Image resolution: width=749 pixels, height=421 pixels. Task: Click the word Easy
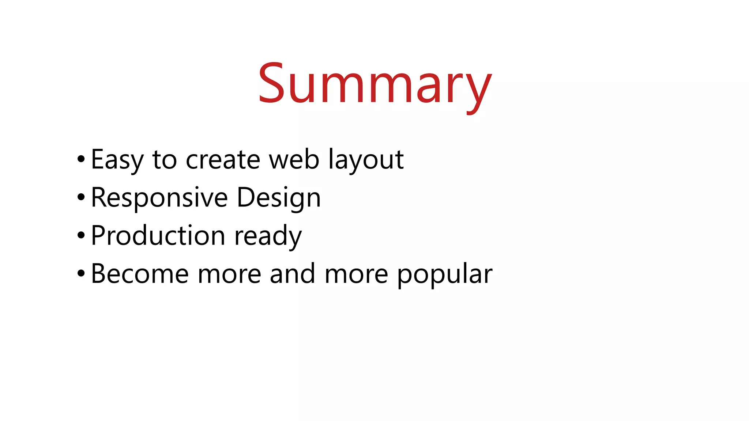coord(117,160)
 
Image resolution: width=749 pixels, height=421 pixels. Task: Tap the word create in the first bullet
coord(223,160)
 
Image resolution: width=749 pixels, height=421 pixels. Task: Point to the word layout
coord(366,160)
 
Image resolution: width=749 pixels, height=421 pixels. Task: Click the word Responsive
coord(159,198)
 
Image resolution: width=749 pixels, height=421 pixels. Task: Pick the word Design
coord(279,198)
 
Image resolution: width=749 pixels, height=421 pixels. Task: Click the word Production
coord(158,236)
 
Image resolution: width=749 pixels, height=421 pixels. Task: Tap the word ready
coord(268,236)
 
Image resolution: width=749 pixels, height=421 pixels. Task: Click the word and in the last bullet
coord(292,274)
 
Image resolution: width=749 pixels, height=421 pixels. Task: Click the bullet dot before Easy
coord(81,160)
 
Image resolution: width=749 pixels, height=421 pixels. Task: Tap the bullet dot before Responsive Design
coord(81,198)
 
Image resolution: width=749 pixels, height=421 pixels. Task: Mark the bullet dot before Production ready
coord(81,236)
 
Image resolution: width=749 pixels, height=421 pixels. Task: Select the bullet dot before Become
coord(81,274)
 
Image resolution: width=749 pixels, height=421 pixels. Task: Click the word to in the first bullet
coord(165,160)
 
